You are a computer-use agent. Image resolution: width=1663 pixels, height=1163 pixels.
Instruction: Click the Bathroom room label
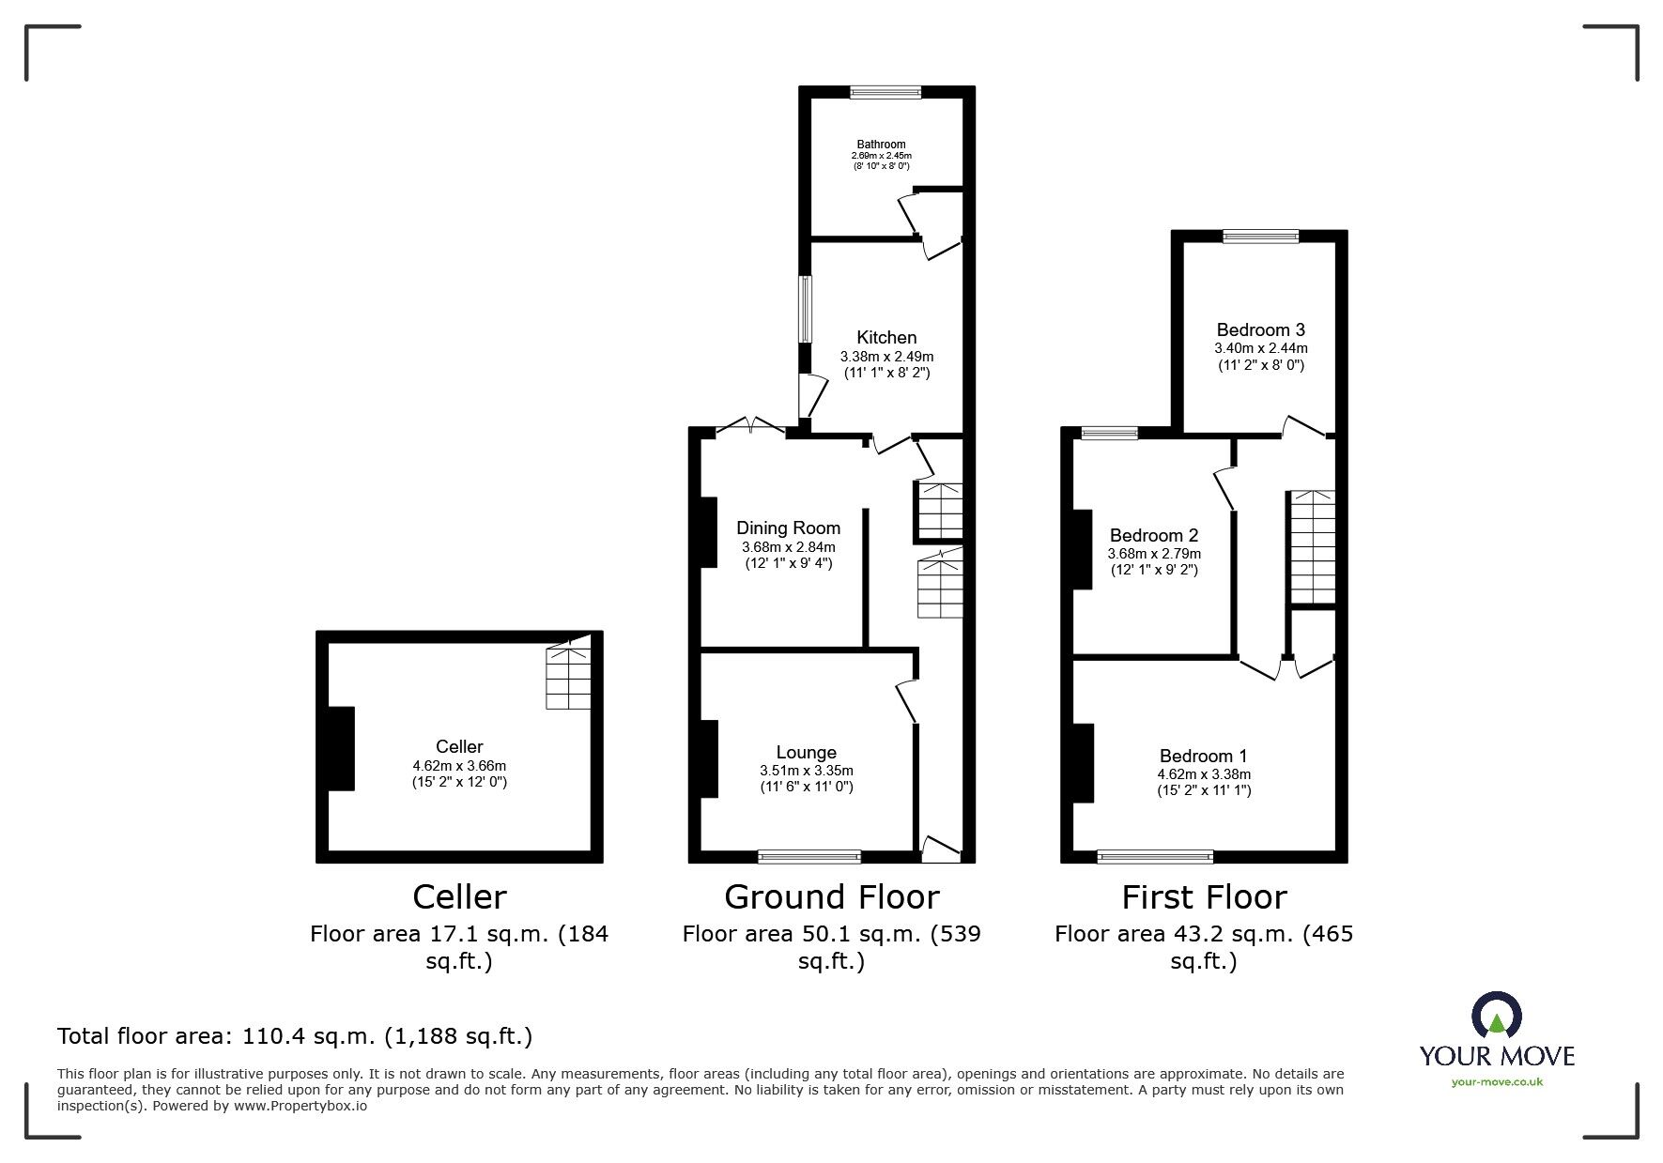[881, 145]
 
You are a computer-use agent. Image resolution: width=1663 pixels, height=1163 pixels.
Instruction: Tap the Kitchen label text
[886, 338]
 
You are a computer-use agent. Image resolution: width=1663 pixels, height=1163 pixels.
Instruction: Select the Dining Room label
[788, 528]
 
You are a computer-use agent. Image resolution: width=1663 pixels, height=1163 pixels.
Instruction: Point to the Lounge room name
[806, 753]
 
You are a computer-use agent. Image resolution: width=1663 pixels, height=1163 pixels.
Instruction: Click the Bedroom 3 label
[1260, 330]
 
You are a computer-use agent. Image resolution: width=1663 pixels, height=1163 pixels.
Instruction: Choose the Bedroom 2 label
[1153, 536]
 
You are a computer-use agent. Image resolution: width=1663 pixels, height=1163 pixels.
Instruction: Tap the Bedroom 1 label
[1203, 757]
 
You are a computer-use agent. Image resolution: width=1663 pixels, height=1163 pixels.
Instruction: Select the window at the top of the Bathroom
[885, 92]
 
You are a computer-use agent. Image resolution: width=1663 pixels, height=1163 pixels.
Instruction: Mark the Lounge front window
[809, 856]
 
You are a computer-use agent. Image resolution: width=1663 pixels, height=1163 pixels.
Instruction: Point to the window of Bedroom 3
[1260, 237]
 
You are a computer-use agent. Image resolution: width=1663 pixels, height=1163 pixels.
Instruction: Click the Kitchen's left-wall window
[805, 309]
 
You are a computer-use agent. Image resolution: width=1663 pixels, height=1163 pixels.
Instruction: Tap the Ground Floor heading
[831, 897]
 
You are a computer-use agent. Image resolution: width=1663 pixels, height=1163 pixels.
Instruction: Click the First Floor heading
[1203, 897]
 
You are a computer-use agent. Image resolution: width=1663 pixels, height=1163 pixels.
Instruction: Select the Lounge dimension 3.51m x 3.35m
[806, 771]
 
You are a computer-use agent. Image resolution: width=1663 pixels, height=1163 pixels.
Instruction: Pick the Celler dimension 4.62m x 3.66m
[459, 766]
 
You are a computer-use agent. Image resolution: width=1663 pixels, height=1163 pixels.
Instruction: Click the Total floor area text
[295, 1036]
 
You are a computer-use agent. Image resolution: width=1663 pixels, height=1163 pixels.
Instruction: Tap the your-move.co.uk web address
[1497, 1082]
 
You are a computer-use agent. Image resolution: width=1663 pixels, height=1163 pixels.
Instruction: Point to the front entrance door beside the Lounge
[940, 850]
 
